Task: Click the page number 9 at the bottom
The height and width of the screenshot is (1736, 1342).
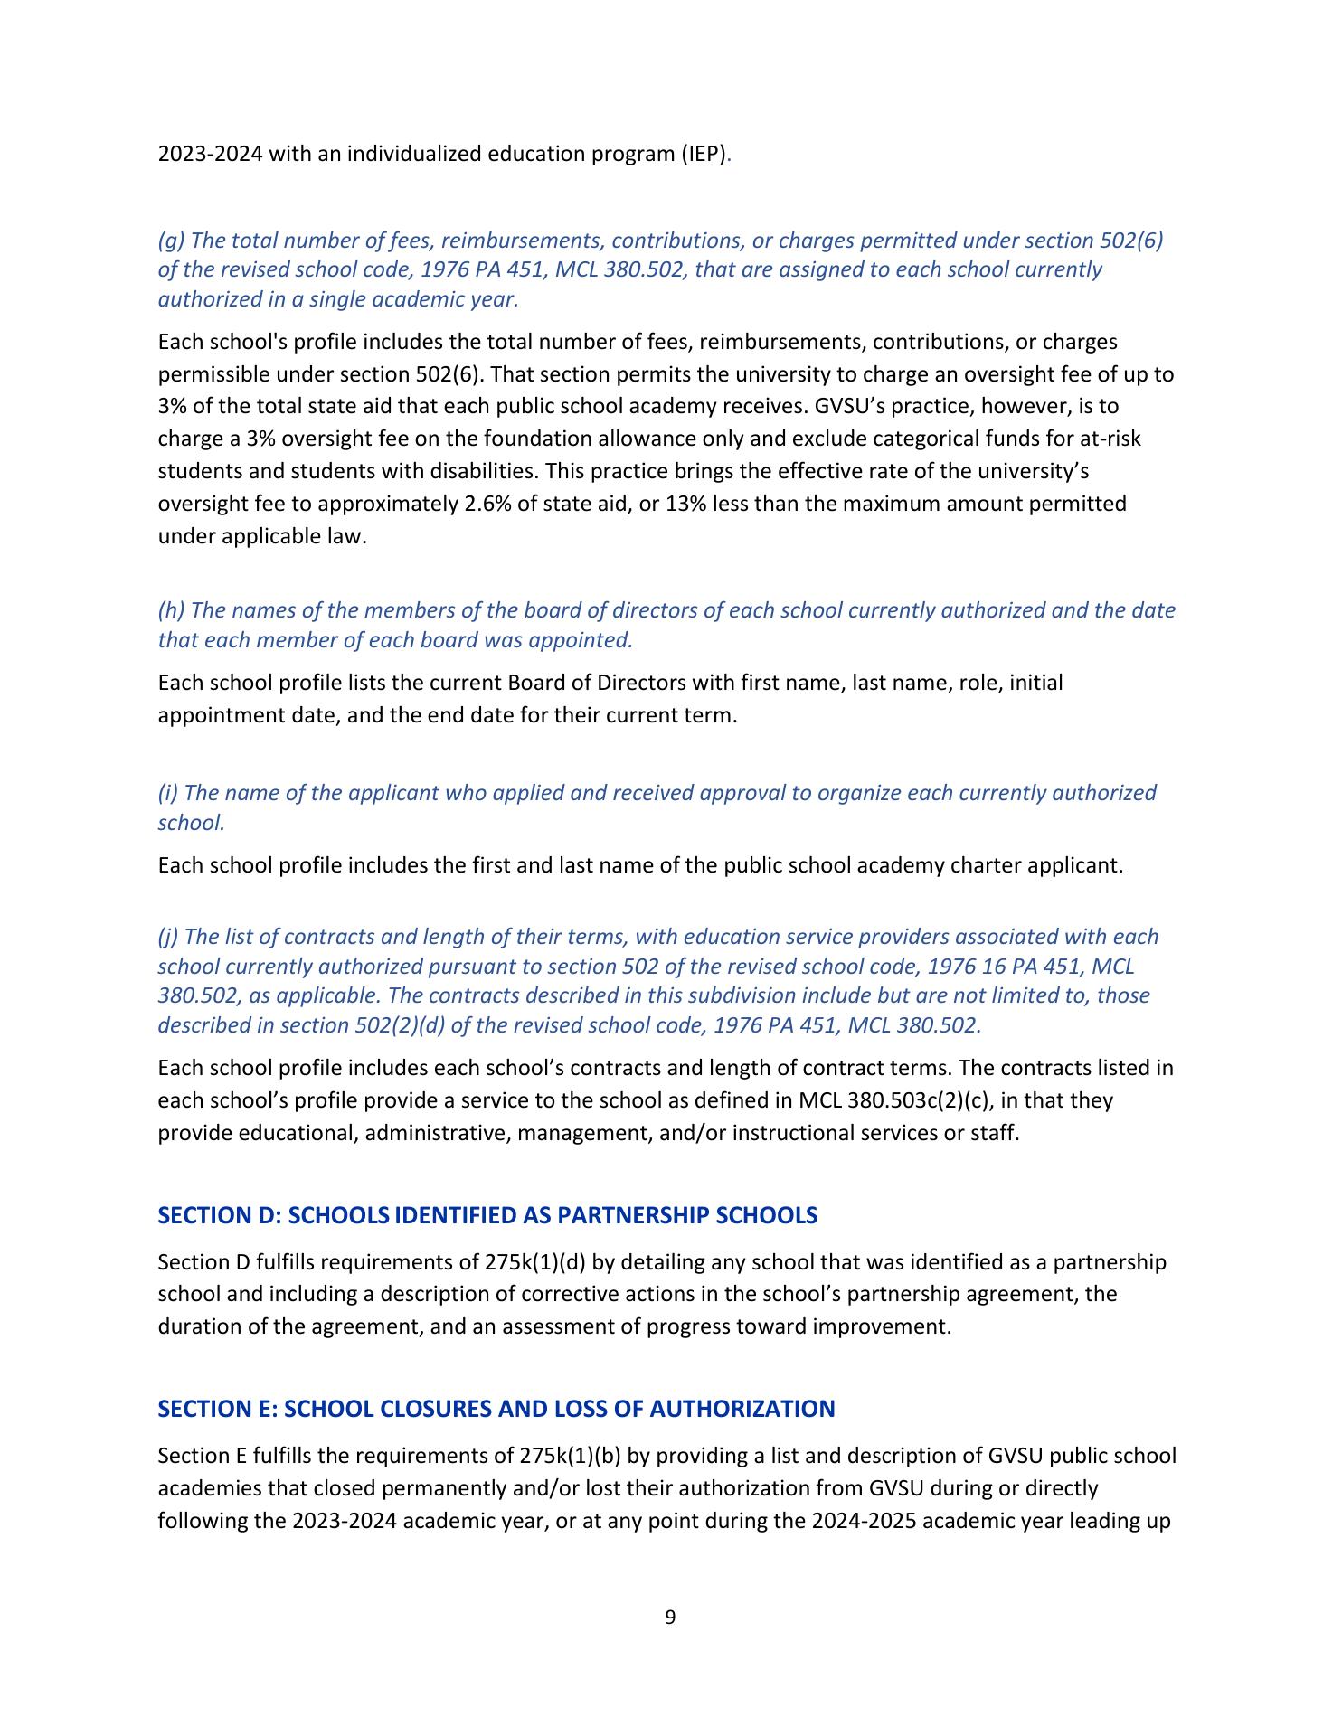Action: coord(670,1618)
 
